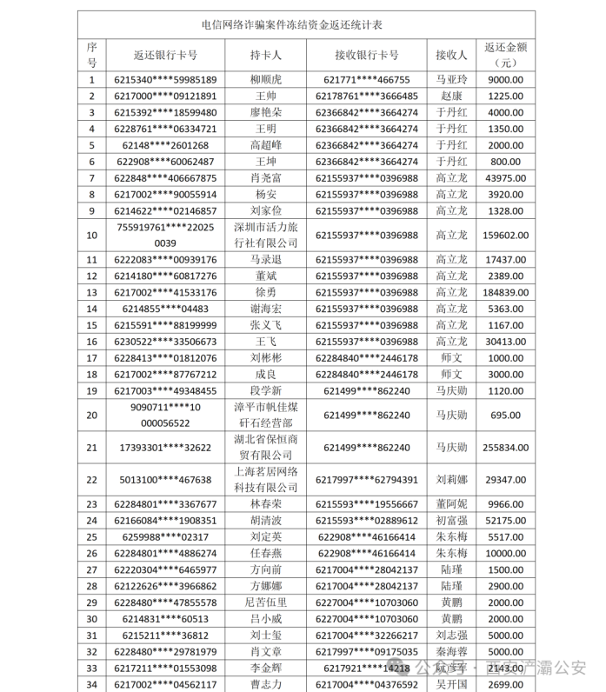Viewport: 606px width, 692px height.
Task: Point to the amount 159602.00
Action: [x=504, y=235]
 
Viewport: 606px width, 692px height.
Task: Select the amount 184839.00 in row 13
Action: [x=504, y=292]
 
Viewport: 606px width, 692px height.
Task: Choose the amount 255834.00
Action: [x=504, y=447]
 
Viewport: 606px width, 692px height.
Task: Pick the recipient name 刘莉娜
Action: [x=451, y=479]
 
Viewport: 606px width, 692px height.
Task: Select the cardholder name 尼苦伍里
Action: [x=265, y=602]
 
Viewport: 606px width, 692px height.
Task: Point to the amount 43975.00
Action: [x=504, y=178]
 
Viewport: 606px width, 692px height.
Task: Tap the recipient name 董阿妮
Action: [x=451, y=503]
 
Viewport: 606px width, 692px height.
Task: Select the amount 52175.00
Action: [x=504, y=520]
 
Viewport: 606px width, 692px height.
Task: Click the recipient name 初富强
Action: [x=451, y=520]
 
